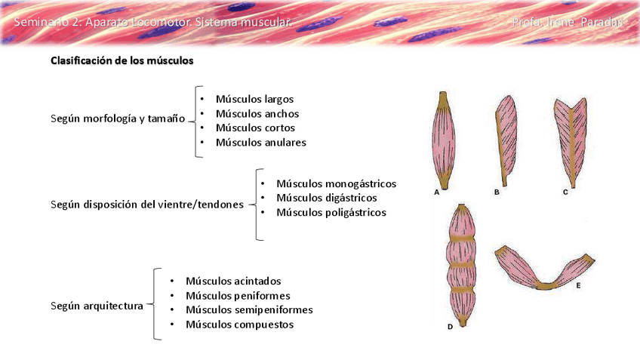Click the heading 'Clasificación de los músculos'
pos(122,60)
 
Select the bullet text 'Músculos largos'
pos(254,99)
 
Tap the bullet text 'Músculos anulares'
pos(260,142)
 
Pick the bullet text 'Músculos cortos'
pos(255,128)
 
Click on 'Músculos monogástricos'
pos(336,183)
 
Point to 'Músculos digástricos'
pos(326,198)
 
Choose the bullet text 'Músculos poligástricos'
pos(331,212)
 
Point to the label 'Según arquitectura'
pos(97,306)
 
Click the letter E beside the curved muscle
pos(578,286)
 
